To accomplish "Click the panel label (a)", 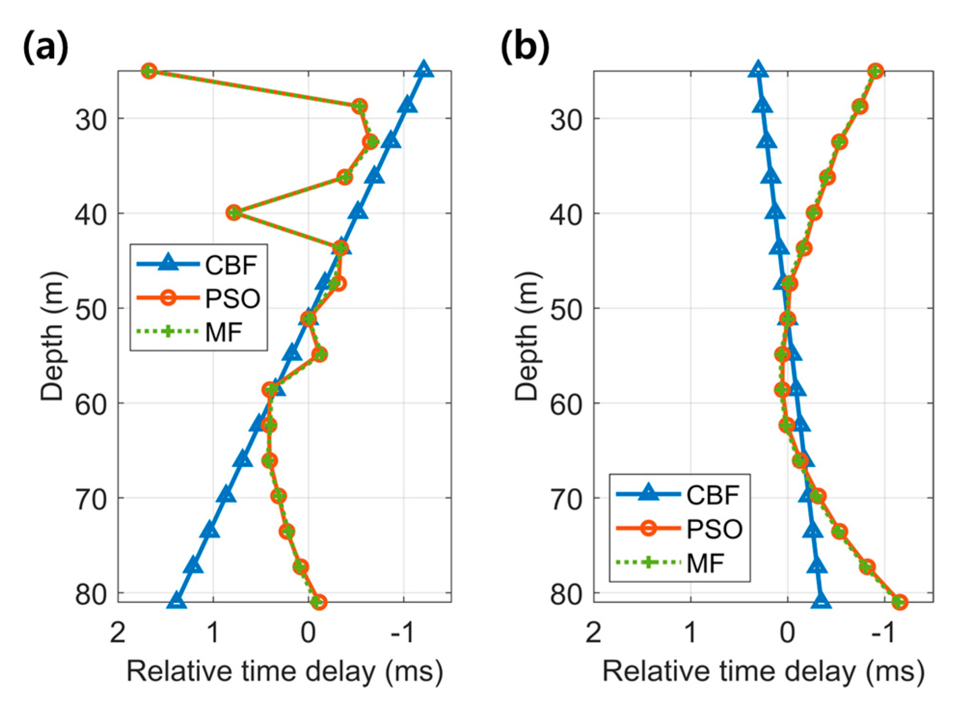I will (45, 48).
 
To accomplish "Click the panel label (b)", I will (525, 48).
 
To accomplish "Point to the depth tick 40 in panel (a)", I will (91, 213).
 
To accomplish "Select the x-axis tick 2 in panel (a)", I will (118, 632).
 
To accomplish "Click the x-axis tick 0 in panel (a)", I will (308, 632).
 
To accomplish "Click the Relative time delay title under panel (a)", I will (284, 671).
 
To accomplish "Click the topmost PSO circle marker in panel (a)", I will (149, 71).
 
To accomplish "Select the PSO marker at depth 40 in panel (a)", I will (234, 212).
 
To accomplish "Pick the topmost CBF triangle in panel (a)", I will (424, 70).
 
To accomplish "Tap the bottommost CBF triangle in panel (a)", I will (176, 601).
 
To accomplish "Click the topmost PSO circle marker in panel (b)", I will (875, 71).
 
